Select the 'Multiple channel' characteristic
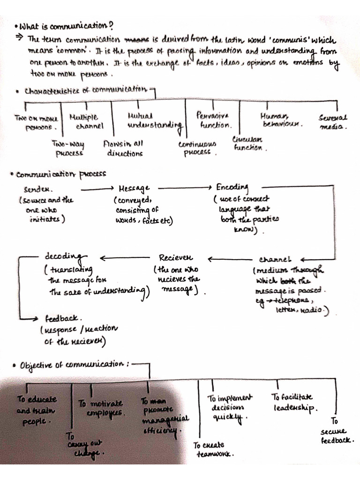[x=84, y=122]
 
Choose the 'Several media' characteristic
[x=333, y=122]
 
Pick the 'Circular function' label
[x=248, y=143]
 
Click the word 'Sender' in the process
[x=38, y=190]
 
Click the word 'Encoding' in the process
[x=232, y=187]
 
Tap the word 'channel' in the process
[x=275, y=259]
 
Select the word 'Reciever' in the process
[x=176, y=258]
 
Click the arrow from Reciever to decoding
[x=124, y=258]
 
